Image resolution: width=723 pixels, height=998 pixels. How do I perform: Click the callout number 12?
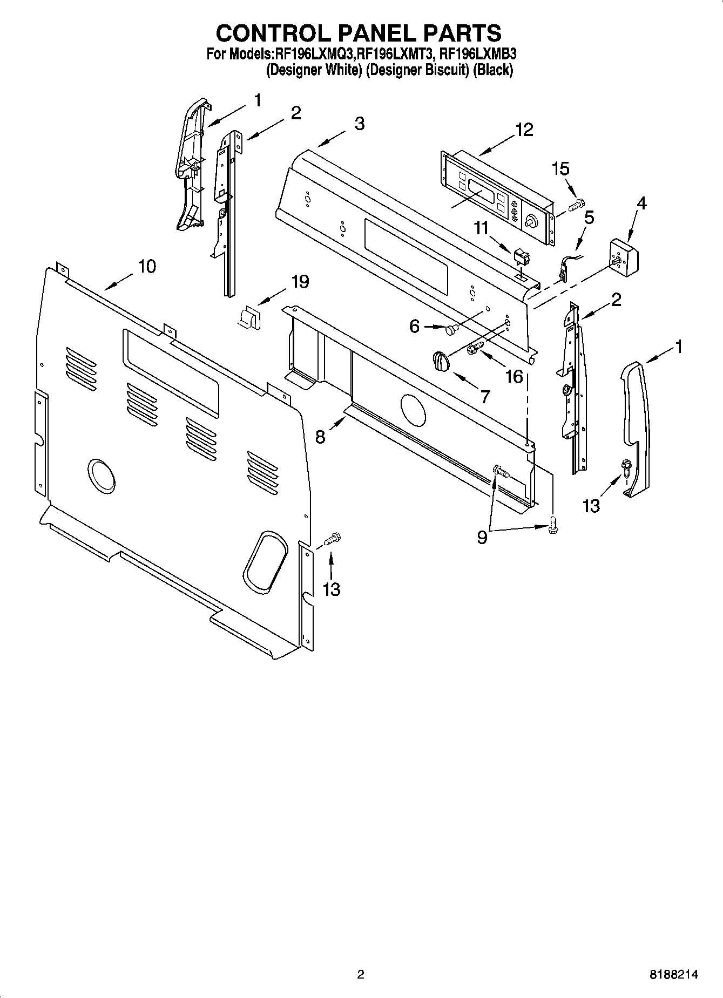[524, 130]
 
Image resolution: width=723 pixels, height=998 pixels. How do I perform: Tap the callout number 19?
[300, 281]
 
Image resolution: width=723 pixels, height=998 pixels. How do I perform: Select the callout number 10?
[147, 266]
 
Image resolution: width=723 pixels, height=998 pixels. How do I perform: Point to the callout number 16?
[514, 376]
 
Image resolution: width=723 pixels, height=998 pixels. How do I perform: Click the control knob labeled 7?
[441, 361]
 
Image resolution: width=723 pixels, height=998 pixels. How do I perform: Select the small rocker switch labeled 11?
[522, 256]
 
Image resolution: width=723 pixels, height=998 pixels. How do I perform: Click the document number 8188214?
[673, 974]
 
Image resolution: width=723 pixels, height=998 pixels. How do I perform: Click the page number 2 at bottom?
[361, 974]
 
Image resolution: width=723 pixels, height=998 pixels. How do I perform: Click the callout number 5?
[589, 218]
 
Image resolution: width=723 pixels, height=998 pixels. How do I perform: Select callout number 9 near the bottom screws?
[482, 537]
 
